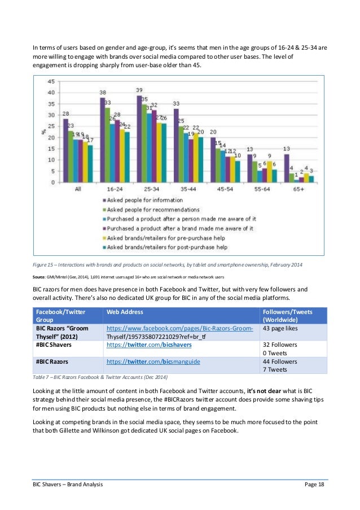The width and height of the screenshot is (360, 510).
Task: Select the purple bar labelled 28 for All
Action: (x=65, y=151)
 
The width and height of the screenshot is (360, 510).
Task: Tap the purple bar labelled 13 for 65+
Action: (x=287, y=168)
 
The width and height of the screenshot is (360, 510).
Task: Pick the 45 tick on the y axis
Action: (x=51, y=81)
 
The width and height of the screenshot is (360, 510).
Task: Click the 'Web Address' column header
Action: (x=125, y=312)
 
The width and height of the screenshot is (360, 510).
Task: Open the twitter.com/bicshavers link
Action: (x=148, y=344)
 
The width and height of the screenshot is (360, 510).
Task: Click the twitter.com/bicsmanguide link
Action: (x=153, y=360)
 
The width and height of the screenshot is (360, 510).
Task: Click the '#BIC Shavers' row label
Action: (x=55, y=344)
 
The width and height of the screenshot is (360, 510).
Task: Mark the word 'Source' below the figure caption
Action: (x=41, y=277)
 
